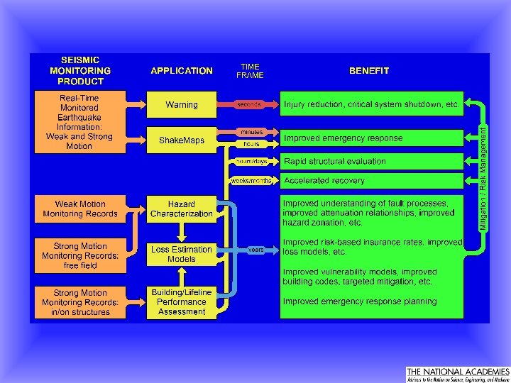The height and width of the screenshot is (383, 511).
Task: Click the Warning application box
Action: tap(182, 105)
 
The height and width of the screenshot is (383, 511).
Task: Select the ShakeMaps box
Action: tap(182, 140)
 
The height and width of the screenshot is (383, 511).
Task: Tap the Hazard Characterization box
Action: tap(182, 209)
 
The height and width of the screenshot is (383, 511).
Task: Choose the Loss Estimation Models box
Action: tap(182, 254)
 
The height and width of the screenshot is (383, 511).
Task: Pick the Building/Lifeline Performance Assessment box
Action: tap(182, 301)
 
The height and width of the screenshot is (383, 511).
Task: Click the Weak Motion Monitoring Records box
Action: tap(80, 209)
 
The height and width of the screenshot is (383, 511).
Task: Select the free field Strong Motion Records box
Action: tap(80, 256)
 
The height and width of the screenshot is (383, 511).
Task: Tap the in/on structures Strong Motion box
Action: tap(80, 301)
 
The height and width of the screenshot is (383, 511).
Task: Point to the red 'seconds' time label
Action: tap(249, 104)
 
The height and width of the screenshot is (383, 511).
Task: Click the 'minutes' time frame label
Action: tap(251, 132)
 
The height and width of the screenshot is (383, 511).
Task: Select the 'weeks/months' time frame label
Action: tap(251, 181)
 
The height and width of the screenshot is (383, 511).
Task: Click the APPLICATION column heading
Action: tap(182, 71)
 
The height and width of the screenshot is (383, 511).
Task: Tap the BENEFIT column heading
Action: tap(369, 71)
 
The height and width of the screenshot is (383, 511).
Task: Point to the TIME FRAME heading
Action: tap(251, 71)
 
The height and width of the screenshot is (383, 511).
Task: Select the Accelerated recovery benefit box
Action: tap(371, 181)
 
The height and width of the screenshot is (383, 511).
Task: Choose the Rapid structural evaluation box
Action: tap(371, 161)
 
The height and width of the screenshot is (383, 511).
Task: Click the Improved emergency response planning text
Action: tap(360, 301)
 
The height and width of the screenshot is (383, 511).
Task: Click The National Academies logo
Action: tap(457, 374)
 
